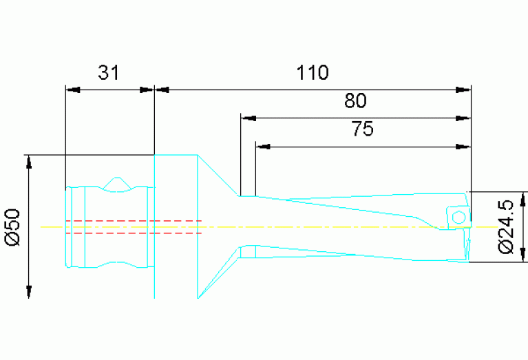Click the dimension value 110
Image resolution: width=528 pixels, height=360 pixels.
pyautogui.click(x=313, y=72)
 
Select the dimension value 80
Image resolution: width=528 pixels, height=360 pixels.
pyautogui.click(x=356, y=101)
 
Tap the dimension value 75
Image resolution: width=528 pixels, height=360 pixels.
pyautogui.click(x=362, y=129)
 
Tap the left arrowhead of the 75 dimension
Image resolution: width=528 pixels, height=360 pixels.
pyautogui.click(x=264, y=146)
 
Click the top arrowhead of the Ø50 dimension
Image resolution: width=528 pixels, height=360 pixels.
pyautogui.click(x=30, y=162)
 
